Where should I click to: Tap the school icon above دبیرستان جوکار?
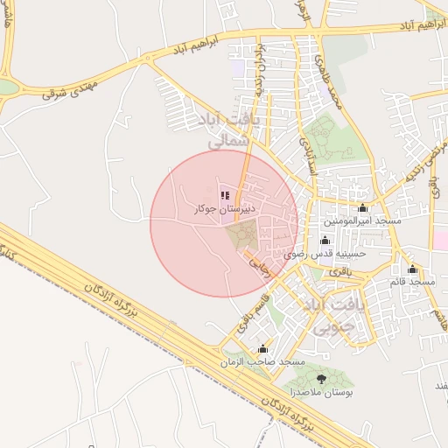(x=224, y=196)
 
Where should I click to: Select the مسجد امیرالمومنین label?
(x=362, y=221)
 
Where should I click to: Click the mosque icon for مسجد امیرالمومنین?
(x=362, y=208)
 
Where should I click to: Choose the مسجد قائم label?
(x=413, y=283)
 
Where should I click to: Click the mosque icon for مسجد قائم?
(x=413, y=269)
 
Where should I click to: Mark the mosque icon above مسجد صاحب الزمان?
(x=263, y=349)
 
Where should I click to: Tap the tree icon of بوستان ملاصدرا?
(x=321, y=378)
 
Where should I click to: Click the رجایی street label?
(x=262, y=267)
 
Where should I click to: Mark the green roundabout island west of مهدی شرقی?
(x=7, y=87)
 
